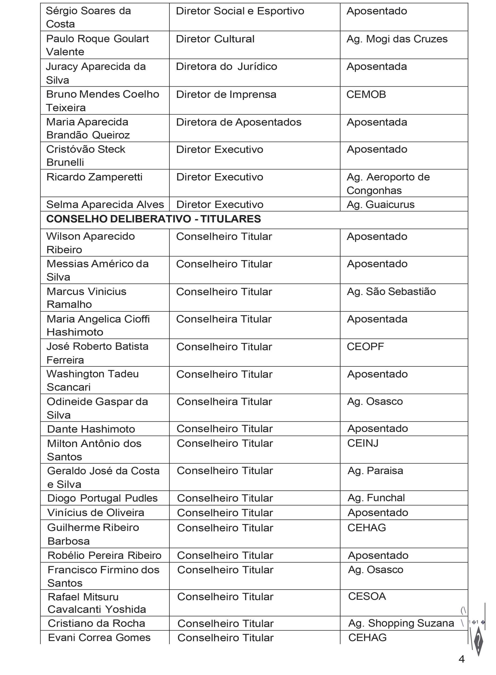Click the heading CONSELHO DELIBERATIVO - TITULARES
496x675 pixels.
click(x=153, y=219)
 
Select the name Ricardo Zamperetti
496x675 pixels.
click(x=94, y=177)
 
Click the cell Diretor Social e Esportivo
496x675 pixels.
click(x=240, y=11)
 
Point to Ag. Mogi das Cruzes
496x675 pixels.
click(x=397, y=39)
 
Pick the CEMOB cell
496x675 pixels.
click(x=366, y=94)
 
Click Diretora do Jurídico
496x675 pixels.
click(x=226, y=67)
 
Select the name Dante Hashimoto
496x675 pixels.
click(x=91, y=429)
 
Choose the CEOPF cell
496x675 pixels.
click(x=365, y=346)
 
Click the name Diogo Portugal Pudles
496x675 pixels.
click(x=102, y=498)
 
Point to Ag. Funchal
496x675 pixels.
click(x=376, y=498)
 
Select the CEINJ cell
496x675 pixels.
click(x=363, y=443)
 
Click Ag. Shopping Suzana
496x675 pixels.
click(x=401, y=623)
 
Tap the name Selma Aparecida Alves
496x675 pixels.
click(x=105, y=204)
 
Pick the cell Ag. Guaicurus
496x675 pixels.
click(x=380, y=204)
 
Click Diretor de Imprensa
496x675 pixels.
click(x=226, y=94)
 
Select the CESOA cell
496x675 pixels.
click(x=367, y=596)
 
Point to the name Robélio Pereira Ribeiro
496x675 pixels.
click(x=105, y=555)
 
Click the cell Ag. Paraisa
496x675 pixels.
click(x=375, y=471)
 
